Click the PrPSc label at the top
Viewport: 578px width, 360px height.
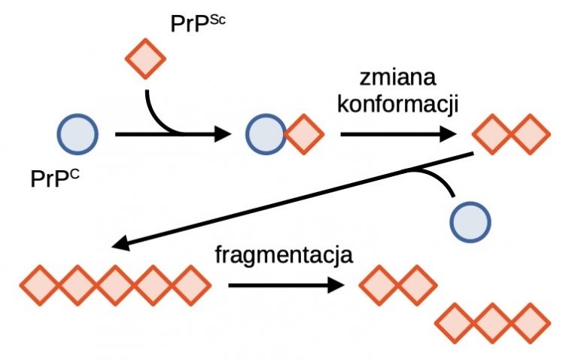click(x=198, y=24)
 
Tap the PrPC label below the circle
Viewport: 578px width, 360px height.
click(x=54, y=178)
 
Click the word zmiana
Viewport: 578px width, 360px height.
click(x=397, y=78)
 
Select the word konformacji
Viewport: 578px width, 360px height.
click(x=397, y=104)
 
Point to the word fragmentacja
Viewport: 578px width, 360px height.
click(x=284, y=255)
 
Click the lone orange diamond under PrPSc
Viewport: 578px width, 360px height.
click(x=145, y=59)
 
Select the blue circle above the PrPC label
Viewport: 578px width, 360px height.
click(x=78, y=134)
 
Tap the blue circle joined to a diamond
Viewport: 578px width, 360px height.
click(x=266, y=134)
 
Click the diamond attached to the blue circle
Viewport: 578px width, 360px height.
click(x=305, y=134)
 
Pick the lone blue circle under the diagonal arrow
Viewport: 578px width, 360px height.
click(x=470, y=222)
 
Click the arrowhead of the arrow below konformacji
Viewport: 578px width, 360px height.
click(x=449, y=134)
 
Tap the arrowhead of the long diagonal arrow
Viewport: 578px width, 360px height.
click(x=120, y=244)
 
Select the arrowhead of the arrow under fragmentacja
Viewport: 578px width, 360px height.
click(x=336, y=285)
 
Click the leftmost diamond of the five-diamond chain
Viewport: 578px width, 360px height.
click(x=40, y=285)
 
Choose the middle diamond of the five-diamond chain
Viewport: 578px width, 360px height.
click(x=115, y=285)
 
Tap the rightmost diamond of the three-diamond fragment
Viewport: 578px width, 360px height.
click(x=531, y=323)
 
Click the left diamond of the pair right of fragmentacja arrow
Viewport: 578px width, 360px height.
click(x=379, y=285)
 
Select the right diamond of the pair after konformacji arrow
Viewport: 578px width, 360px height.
click(x=531, y=134)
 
